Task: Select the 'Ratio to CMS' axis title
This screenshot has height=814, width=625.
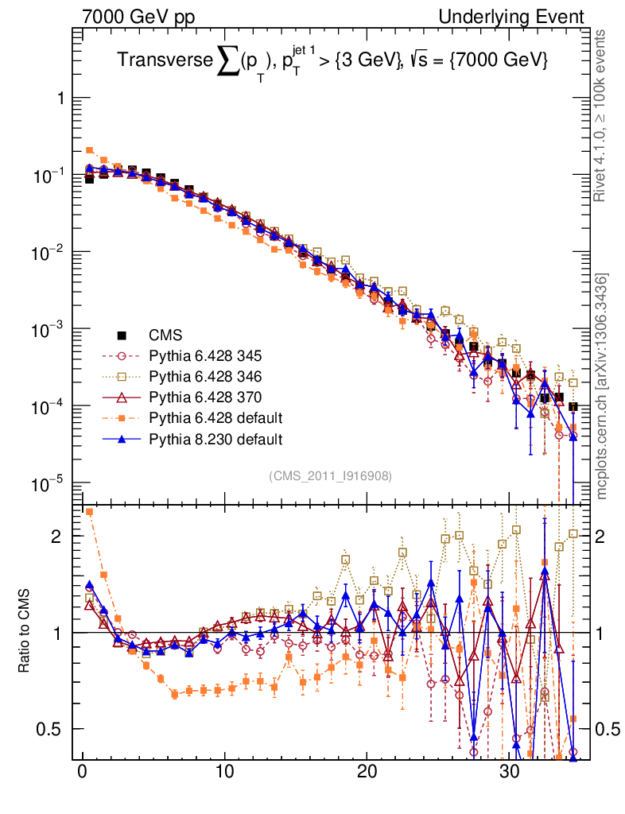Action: [25, 633]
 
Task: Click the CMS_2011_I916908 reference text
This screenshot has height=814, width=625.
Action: [330, 475]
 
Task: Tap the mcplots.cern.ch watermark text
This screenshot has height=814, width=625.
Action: [603, 386]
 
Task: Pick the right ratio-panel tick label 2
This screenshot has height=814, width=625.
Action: [608, 536]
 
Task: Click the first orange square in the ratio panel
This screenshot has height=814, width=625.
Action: [90, 512]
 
